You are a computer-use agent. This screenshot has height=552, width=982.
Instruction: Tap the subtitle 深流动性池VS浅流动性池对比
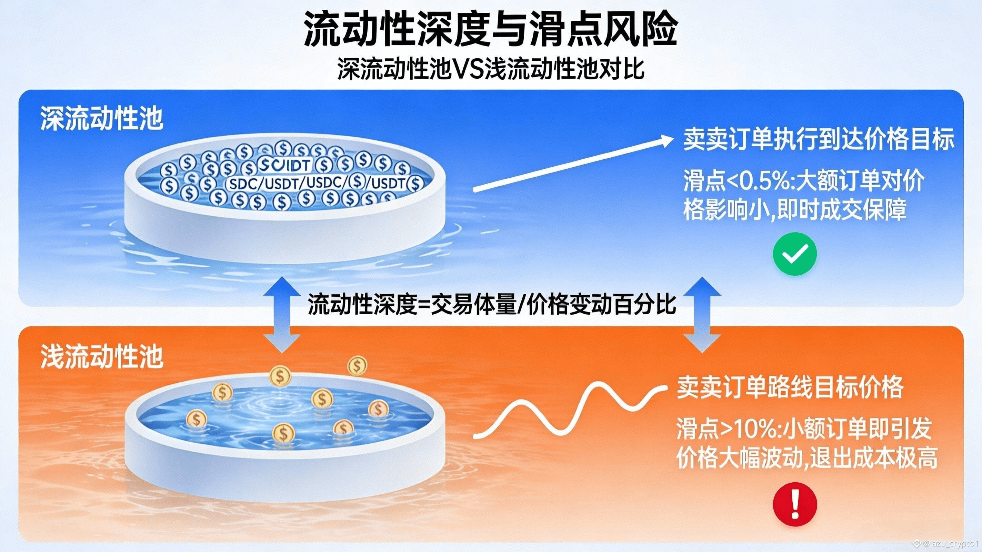click(491, 69)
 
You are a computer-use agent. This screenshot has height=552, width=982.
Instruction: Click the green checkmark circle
click(795, 254)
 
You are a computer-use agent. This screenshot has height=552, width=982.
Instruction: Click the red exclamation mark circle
click(795, 504)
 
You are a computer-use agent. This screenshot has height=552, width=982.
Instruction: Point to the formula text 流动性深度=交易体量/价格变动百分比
click(492, 304)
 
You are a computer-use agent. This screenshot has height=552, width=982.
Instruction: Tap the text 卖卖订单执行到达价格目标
click(819, 140)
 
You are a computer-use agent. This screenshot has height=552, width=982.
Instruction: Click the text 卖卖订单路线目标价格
click(790, 387)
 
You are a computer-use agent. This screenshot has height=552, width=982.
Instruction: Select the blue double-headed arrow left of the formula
click(282, 315)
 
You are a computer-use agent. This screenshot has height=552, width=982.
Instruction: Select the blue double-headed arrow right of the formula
click(702, 315)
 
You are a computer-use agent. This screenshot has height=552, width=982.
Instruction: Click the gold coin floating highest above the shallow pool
click(357, 365)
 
